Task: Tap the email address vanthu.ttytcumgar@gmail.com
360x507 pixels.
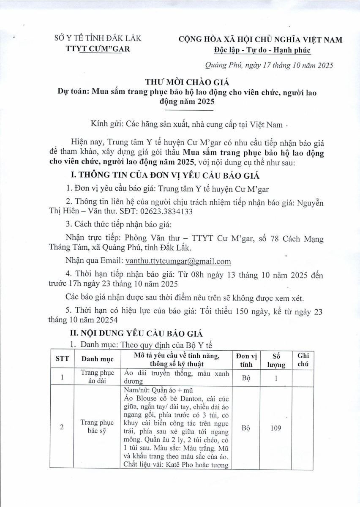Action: point(176,261)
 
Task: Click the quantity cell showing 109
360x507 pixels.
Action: point(275,428)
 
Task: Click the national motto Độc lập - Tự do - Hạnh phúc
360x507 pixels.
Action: point(262,50)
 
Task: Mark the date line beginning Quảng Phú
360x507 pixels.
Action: point(269,65)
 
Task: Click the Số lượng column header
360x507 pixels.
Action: point(276,360)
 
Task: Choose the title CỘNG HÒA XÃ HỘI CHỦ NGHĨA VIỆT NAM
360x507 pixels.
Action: point(261,40)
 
